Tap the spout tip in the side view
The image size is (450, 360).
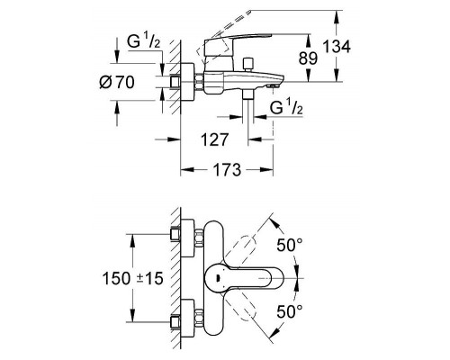click(274, 85)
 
